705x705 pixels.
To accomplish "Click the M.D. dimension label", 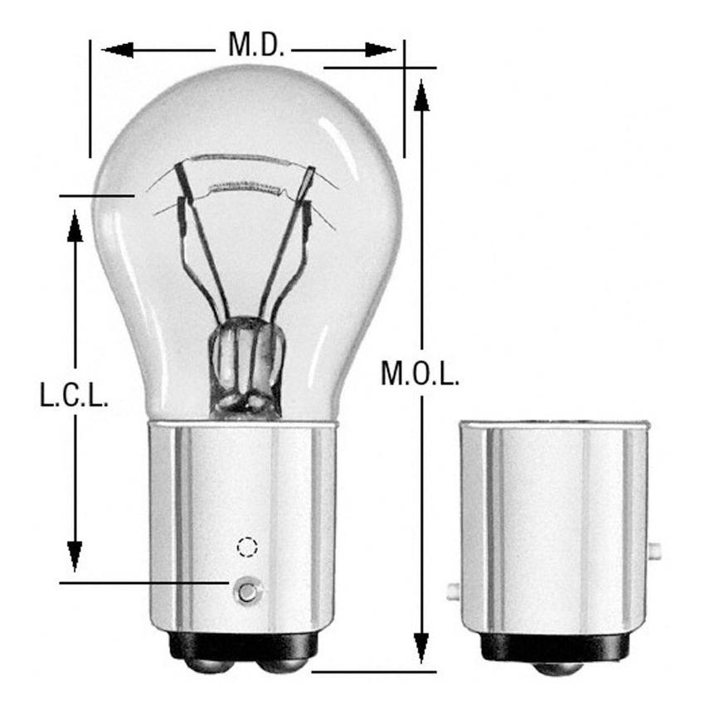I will (x=256, y=46).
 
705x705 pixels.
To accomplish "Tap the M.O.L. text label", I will (x=420, y=374).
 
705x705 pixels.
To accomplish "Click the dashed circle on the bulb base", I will (x=247, y=547).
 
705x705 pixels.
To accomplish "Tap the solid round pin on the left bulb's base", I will (x=246, y=591).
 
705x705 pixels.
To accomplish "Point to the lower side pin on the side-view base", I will (x=453, y=591).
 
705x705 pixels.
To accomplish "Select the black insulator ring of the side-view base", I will (x=555, y=648).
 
